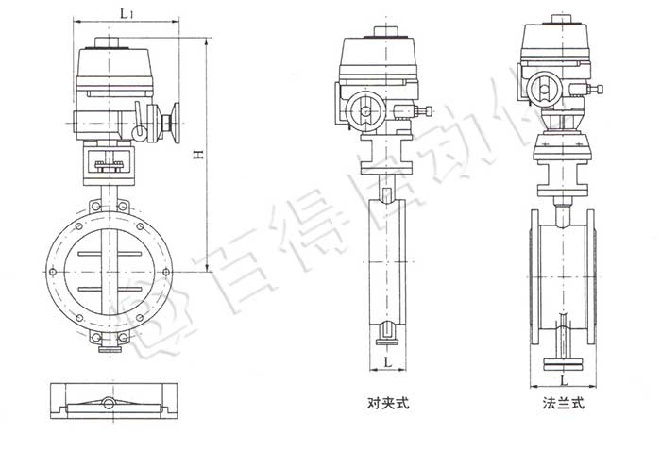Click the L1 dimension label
pyautogui.click(x=126, y=11)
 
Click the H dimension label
pyautogui.click(x=197, y=156)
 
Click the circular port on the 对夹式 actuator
pyautogui.click(x=364, y=113)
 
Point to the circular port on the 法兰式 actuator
pyautogui.click(x=547, y=92)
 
